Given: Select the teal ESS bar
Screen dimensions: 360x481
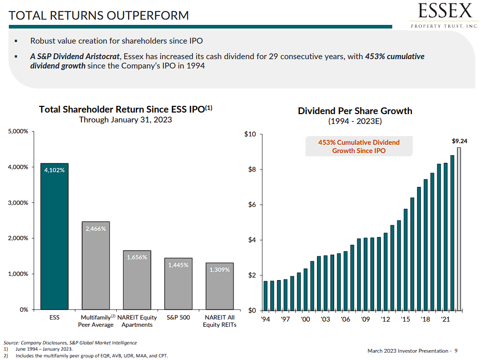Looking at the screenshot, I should [x=54, y=236].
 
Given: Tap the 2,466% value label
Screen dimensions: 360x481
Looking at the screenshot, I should [x=95, y=228].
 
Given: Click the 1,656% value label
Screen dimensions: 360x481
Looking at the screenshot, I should [x=136, y=257].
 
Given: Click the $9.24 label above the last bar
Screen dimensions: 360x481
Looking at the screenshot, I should [x=460, y=141].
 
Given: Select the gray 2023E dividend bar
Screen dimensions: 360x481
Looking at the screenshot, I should [x=459, y=229].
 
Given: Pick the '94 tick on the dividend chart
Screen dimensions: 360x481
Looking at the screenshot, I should [x=265, y=319].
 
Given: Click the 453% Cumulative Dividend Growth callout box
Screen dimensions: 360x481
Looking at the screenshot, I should [x=359, y=146].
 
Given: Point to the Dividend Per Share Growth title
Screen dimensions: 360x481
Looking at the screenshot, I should [x=355, y=111].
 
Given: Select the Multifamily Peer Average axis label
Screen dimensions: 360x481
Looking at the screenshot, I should [x=96, y=321].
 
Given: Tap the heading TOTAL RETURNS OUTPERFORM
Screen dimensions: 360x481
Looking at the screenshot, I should [x=99, y=16].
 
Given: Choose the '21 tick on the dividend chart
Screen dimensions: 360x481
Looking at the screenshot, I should [x=445, y=319].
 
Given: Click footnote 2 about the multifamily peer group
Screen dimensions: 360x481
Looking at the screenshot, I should [x=88, y=356].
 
